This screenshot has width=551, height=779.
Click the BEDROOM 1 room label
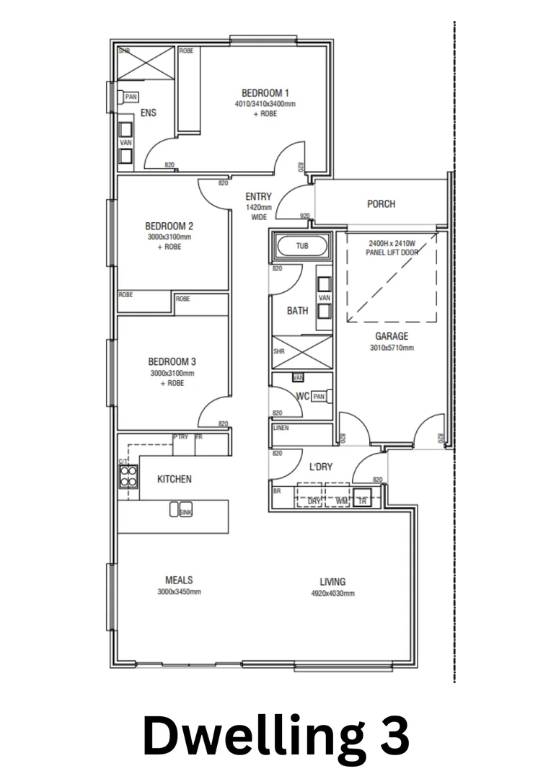(265, 93)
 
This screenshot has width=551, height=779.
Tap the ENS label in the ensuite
(148, 113)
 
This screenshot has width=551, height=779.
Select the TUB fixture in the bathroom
(301, 246)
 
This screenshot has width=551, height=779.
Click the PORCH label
(381, 204)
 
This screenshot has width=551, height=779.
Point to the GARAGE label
(391, 336)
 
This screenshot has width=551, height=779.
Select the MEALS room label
(179, 580)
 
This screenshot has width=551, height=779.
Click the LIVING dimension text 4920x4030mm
(332, 594)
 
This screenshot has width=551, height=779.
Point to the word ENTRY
(258, 196)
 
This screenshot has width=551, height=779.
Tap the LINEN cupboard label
(281, 428)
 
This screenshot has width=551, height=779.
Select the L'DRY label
(320, 467)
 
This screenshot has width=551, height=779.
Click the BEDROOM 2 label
(169, 225)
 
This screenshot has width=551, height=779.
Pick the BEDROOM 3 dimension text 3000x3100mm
(172, 374)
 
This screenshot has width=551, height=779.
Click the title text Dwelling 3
(275, 735)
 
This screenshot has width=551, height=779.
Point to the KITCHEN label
(175, 479)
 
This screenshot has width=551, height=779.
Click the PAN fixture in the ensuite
(131, 97)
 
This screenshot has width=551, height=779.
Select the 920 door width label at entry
(304, 216)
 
